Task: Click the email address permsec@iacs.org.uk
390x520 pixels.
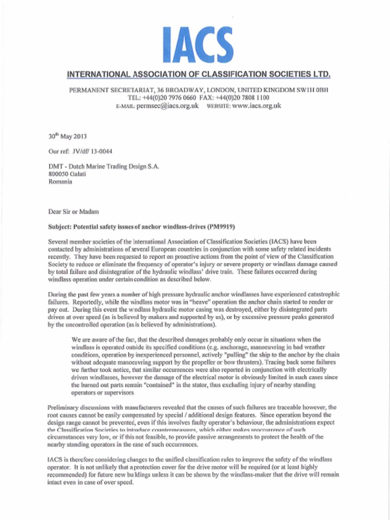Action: [168, 106]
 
